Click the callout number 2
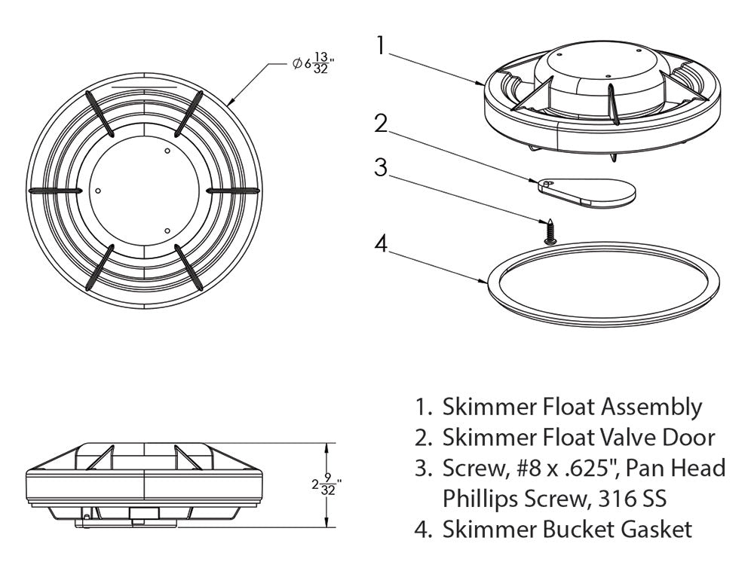pos(382,123)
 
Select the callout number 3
pos(382,168)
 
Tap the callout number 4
pos(382,246)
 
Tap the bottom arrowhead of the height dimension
pos(326,524)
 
